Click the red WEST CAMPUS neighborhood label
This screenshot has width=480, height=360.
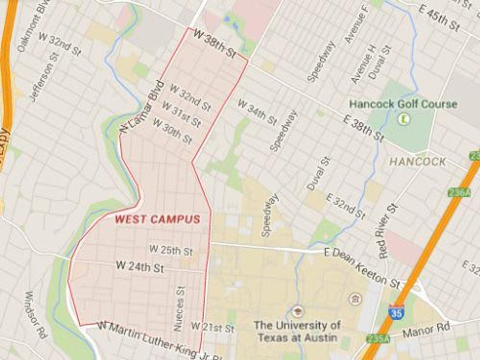click(x=158, y=219)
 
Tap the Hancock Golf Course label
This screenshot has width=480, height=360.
click(x=403, y=104)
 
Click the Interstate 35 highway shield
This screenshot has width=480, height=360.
click(x=396, y=312)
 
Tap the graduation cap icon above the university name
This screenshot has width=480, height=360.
click(x=297, y=311)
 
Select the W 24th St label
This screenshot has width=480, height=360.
click(x=140, y=267)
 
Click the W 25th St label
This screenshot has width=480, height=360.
click(x=171, y=250)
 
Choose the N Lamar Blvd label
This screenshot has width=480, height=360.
click(x=141, y=106)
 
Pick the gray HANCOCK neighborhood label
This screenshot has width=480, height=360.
click(x=418, y=162)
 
